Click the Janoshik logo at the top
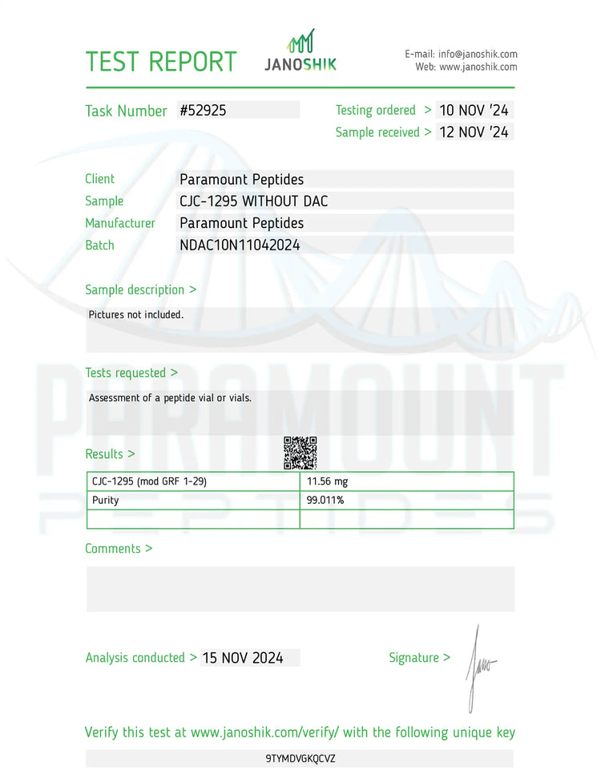(300, 52)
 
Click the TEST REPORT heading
(161, 62)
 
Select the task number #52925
(204, 111)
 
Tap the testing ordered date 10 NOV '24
(474, 111)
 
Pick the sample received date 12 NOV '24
(474, 132)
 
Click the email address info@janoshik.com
(478, 54)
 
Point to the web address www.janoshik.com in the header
(478, 67)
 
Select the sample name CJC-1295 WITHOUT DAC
(254, 201)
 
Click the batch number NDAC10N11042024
(240, 245)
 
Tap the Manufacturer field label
(120, 223)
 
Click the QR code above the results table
(300, 453)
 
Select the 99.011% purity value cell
(325, 501)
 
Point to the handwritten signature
(479, 666)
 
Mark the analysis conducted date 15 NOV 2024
(243, 658)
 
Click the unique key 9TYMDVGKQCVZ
(300, 758)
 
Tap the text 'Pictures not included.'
(136, 314)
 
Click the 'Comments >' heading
(119, 549)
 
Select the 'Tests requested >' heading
(131, 373)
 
